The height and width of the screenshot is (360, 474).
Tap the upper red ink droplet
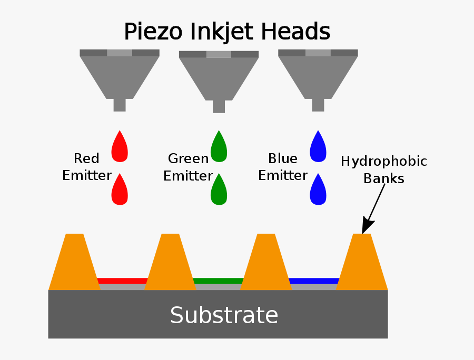pos(120,147)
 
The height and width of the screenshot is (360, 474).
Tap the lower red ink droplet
pos(120,191)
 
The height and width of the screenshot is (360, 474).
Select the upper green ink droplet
pos(219,147)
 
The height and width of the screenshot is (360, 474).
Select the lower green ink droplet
pos(219,191)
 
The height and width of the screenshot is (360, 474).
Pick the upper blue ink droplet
pos(318,147)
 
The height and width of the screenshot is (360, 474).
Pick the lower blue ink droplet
pos(318,191)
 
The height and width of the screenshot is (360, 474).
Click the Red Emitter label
pos(86,167)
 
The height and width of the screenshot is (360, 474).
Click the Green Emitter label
pos(187,167)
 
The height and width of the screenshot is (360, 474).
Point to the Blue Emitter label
pos(283,167)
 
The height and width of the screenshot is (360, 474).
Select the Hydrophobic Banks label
pos(384,169)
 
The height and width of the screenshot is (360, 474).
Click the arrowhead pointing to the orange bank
pos(367,227)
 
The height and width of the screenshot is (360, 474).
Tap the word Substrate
pos(224,315)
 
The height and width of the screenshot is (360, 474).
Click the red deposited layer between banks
pos(122,281)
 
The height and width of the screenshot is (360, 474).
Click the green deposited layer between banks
pos(218,281)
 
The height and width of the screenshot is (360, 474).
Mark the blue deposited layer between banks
pos(314,281)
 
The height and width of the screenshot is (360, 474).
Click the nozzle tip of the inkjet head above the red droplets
pos(120,105)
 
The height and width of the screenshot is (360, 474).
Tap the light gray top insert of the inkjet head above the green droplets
pos(219,54)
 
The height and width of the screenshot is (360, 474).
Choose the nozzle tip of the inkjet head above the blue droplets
pos(318,105)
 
